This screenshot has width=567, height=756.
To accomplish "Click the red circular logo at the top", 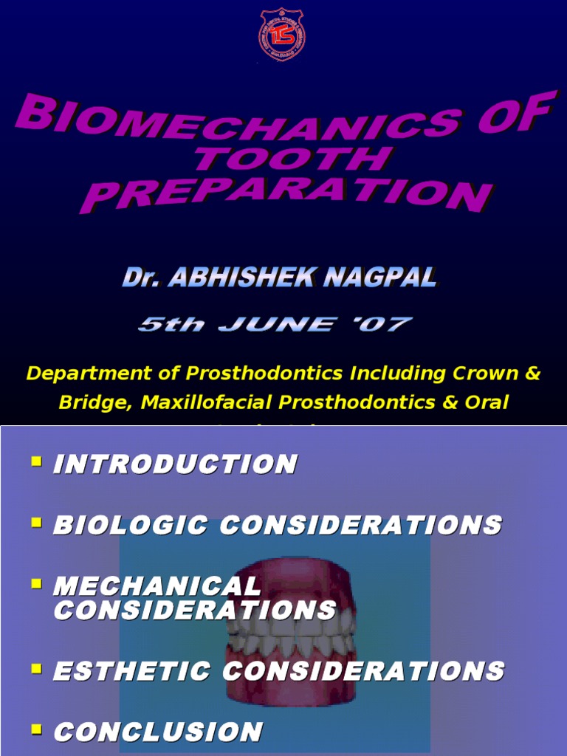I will (282, 34).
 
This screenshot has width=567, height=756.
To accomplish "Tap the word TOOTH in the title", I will (291, 159).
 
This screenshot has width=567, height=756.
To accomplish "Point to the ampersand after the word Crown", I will (533, 374).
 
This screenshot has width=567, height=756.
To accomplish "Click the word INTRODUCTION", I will (175, 464).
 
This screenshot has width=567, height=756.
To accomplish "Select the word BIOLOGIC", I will (130, 525).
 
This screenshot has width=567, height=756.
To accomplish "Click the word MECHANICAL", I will (157, 586).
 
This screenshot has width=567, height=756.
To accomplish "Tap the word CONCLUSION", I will (158, 732).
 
